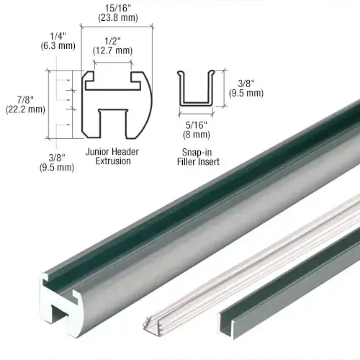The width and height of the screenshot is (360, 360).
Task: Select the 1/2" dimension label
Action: coord(112,40)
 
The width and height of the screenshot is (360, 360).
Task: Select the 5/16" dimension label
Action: coord(194,124)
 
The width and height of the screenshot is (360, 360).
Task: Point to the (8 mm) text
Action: coord(194,133)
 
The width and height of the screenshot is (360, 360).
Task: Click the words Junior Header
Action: coord(112,152)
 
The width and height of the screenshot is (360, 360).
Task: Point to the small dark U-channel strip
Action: coord(302,302)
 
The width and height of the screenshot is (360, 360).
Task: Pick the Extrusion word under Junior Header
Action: coord(112,161)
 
